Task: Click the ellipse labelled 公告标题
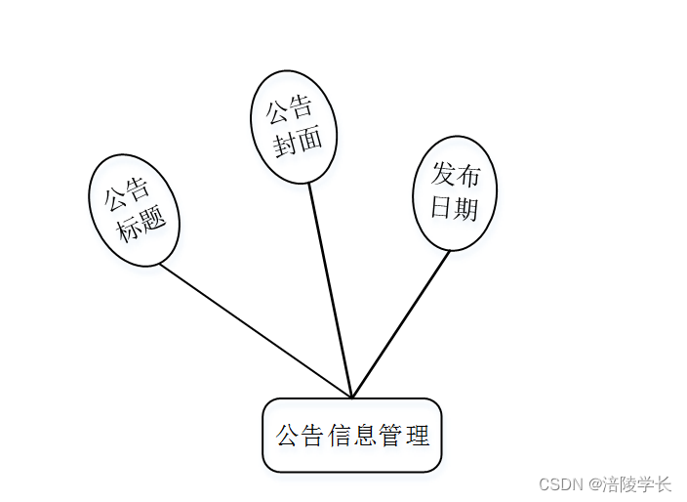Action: point(134,210)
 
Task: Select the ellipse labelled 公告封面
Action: point(294,126)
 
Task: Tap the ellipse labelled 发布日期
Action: point(455,192)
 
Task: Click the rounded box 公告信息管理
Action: point(352,435)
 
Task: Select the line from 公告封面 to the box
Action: point(330,289)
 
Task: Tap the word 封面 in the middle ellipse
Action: point(298,142)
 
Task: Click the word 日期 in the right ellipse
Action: point(455,208)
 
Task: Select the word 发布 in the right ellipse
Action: point(456,176)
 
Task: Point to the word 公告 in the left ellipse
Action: point(127,194)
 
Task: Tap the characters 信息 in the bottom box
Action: point(352,436)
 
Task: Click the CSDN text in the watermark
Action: point(560,484)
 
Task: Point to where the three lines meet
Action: point(351,397)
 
